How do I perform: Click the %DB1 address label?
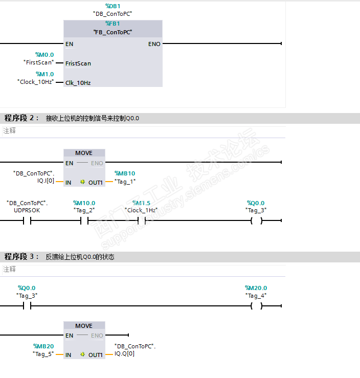pyautogui.click(x=113, y=6)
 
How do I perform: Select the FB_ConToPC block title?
pyautogui.click(x=113, y=32)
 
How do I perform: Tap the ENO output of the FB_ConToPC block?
pyautogui.click(x=154, y=44)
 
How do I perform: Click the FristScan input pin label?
pyautogui.click(x=78, y=63)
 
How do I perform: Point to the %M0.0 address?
pyautogui.click(x=44, y=55)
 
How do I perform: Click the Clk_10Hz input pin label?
pyautogui.click(x=78, y=82)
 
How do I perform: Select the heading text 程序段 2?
pyautogui.click(x=21, y=118)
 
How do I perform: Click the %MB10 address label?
pyautogui.click(x=125, y=174)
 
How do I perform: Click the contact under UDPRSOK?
pyautogui.click(x=27, y=221)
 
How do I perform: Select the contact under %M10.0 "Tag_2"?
pyautogui.click(x=84, y=221)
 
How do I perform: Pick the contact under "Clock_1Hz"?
pyautogui.click(x=142, y=221)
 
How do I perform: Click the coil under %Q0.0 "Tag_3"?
pyautogui.click(x=256, y=221)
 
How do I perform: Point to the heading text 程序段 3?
pyautogui.click(x=21, y=257)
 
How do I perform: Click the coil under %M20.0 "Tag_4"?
pyautogui.click(x=256, y=306)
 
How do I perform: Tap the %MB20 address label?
pyautogui.click(x=43, y=346)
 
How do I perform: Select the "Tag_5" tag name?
pyautogui.click(x=43, y=354)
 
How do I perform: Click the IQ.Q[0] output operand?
pyautogui.click(x=125, y=353)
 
